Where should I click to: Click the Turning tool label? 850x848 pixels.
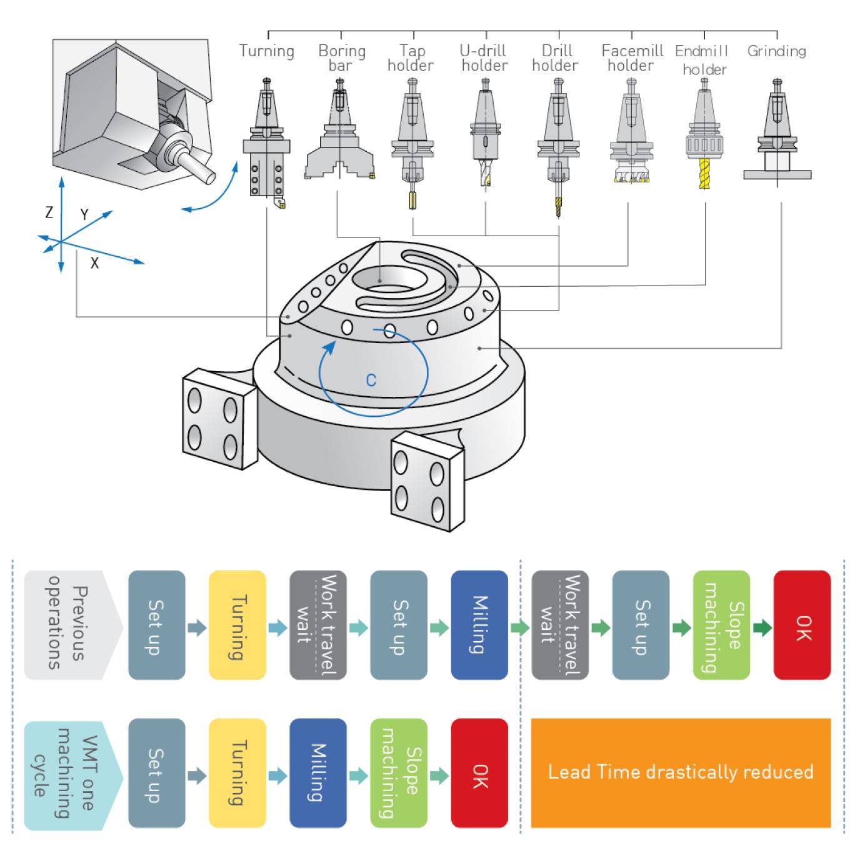[266, 51]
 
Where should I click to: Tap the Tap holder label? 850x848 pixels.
[411, 58]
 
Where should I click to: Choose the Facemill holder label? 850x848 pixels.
[631, 58]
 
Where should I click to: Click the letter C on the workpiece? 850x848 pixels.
[371, 380]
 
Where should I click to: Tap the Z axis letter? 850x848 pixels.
[49, 212]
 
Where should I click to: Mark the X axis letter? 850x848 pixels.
[94, 263]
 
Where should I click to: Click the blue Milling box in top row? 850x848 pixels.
[479, 625]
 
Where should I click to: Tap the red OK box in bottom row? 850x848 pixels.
[479, 773]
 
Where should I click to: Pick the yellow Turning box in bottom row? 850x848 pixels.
[237, 773]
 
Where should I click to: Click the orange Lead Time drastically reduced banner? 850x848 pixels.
[680, 773]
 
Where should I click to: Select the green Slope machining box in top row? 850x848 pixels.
[721, 625]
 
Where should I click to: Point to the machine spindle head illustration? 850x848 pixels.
[134, 116]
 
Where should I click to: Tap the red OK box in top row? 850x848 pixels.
[802, 625]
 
